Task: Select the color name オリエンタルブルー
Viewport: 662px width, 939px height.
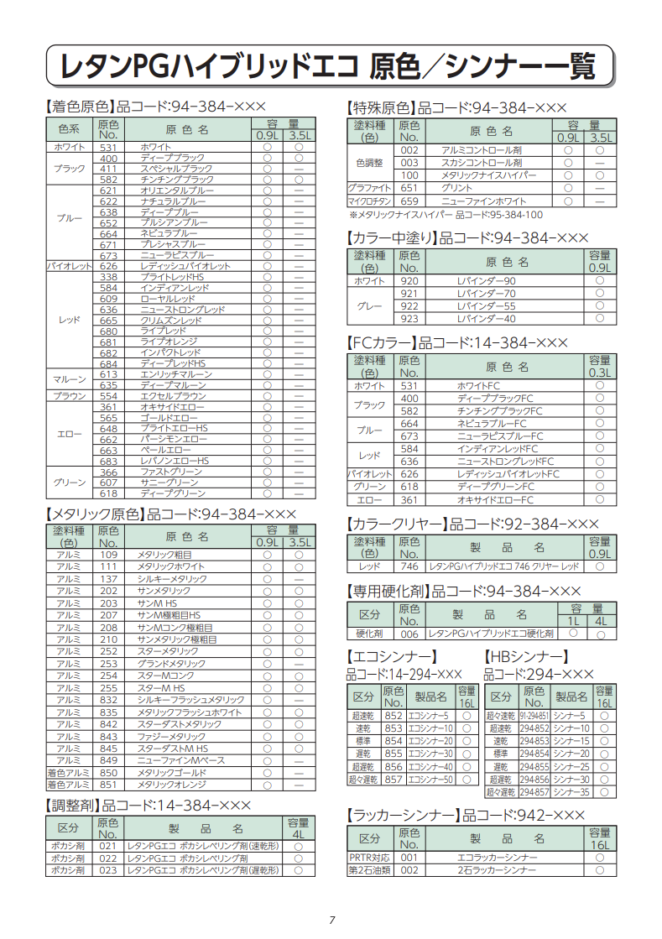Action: (177, 190)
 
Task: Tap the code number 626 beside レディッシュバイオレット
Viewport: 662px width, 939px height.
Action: (108, 266)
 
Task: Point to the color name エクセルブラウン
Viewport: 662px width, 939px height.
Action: (173, 396)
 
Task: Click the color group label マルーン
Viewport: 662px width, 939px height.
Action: (69, 379)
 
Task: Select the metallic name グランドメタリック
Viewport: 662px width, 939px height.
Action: (171, 664)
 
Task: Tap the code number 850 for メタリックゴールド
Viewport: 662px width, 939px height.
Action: (108, 772)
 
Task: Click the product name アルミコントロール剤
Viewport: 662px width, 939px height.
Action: (482, 150)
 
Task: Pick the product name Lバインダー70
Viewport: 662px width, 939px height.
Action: (487, 294)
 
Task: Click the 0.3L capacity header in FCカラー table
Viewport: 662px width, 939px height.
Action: (599, 372)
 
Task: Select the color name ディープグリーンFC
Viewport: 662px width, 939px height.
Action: (495, 487)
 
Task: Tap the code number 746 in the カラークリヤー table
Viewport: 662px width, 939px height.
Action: (409, 567)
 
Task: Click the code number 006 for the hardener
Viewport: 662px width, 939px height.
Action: (409, 634)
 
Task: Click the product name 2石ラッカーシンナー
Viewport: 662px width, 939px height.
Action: (497, 870)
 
